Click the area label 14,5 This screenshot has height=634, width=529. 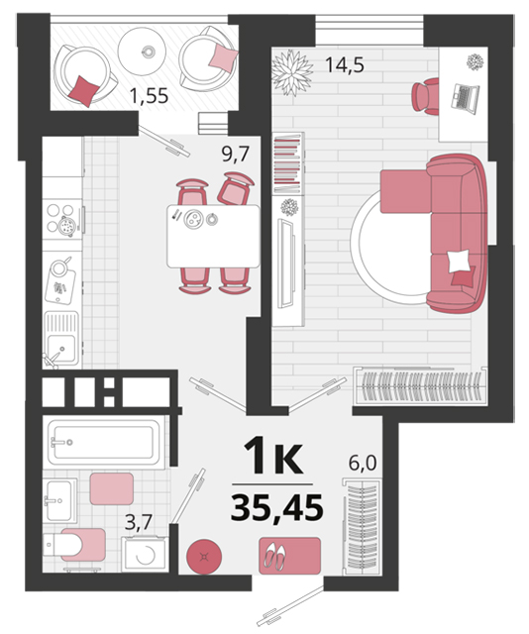(x=345, y=64)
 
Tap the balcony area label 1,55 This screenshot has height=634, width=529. (x=149, y=96)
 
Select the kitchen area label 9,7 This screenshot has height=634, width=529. (x=235, y=154)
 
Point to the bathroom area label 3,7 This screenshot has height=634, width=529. (x=138, y=522)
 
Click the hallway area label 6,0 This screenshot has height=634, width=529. (x=363, y=463)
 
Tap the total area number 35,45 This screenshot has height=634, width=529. (x=277, y=507)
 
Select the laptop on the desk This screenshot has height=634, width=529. (x=465, y=97)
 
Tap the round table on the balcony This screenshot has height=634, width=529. (x=142, y=51)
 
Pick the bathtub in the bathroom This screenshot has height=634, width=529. (x=104, y=443)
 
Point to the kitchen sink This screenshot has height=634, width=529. (x=61, y=339)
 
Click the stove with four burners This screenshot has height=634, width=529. (x=62, y=219)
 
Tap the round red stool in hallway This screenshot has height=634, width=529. (x=204, y=557)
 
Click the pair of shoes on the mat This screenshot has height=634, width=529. (x=274, y=556)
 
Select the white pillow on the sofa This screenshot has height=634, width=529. (x=459, y=261)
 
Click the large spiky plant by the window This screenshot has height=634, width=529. (x=292, y=72)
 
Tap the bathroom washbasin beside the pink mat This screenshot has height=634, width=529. (x=59, y=500)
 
